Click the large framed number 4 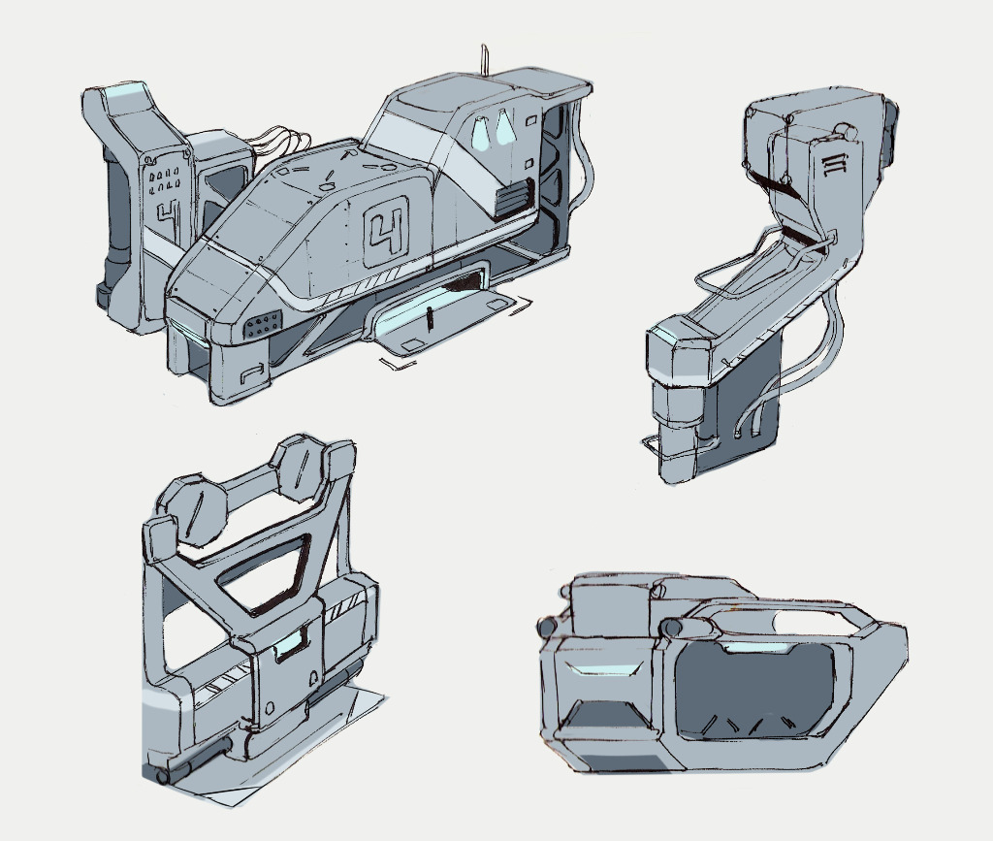click(x=386, y=231)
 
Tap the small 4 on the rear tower click(x=167, y=218)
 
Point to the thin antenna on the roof click(x=485, y=59)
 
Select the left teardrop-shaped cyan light click(x=481, y=134)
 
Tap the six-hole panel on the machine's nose click(x=262, y=326)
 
